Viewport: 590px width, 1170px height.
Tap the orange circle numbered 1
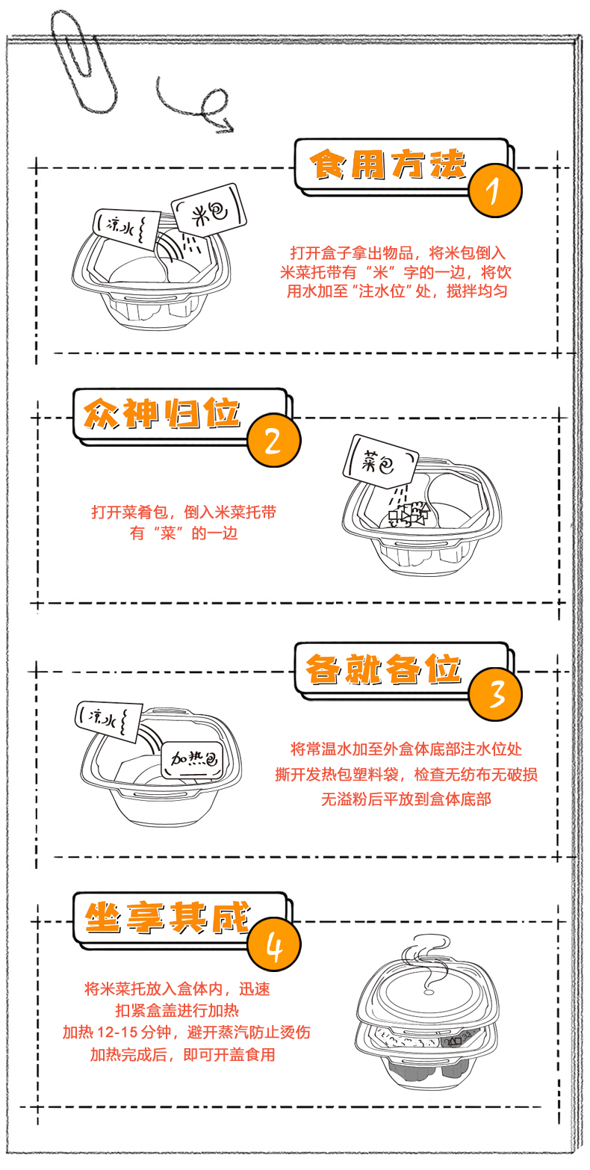click(x=494, y=191)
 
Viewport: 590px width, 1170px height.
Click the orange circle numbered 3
click(x=494, y=694)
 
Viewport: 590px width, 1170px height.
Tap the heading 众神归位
click(x=163, y=413)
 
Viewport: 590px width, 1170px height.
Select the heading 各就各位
click(x=382, y=668)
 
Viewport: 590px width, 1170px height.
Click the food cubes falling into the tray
click(x=407, y=515)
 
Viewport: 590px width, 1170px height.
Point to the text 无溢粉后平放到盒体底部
click(x=406, y=799)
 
